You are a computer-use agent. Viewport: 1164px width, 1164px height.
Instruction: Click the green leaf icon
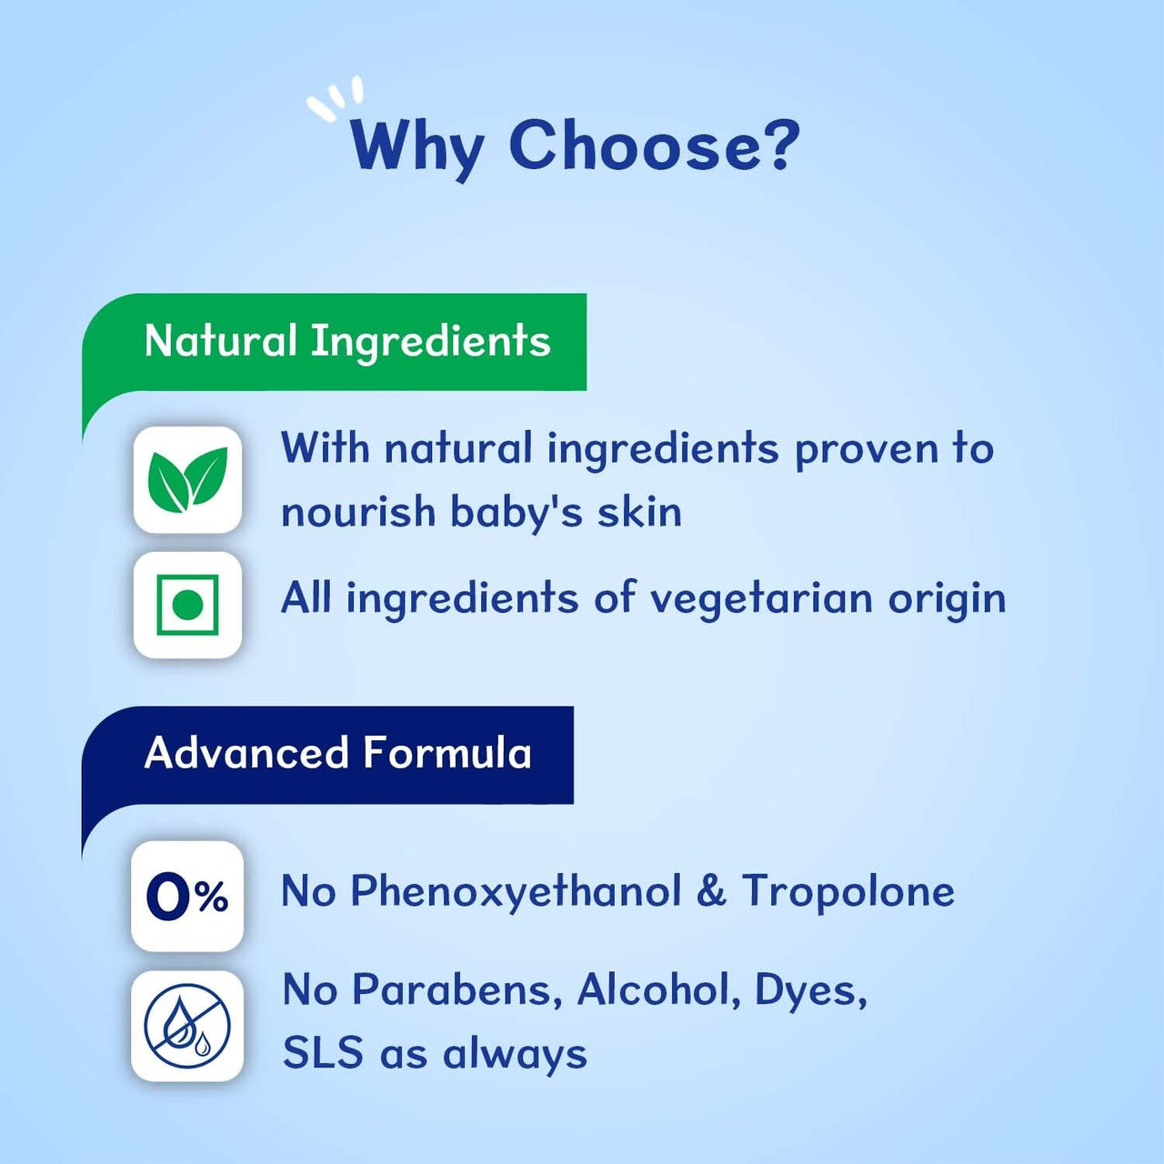coord(187,479)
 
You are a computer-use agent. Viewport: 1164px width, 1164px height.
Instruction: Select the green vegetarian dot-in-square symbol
coord(187,605)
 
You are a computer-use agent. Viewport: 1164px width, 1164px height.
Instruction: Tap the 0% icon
coord(187,897)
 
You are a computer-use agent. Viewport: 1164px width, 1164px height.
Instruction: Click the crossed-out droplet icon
coord(187,1026)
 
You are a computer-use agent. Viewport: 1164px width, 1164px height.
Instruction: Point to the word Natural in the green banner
coord(221,341)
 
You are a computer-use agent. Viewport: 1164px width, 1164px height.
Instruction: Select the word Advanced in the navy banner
coord(246,753)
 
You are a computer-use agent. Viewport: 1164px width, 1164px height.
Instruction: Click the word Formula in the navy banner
coord(447,753)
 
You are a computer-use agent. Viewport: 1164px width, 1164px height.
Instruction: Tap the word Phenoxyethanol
coord(516,891)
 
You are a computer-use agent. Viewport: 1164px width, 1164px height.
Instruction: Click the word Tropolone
coord(848,891)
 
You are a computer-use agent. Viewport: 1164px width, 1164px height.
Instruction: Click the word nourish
coord(358,511)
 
